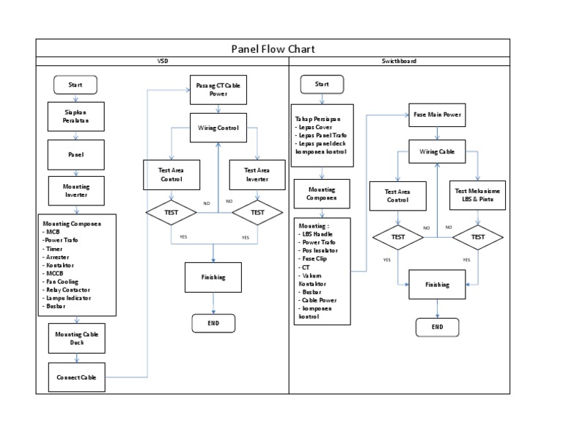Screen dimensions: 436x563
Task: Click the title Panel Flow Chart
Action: [273, 49]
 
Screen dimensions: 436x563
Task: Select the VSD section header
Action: [163, 62]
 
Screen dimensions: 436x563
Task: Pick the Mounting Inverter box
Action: [76, 191]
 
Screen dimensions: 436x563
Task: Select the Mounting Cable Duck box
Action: [76, 338]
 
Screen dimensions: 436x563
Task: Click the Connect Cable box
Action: [76, 378]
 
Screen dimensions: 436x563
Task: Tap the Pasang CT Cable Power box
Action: [217, 90]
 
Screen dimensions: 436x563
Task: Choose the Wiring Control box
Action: [218, 128]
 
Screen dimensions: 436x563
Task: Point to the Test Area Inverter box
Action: [257, 174]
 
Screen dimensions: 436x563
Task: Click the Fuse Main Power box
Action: [437, 115]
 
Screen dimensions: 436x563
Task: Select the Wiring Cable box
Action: [437, 152]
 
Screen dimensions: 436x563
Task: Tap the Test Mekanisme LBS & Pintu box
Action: [478, 195]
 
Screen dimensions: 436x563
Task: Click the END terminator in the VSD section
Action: [213, 323]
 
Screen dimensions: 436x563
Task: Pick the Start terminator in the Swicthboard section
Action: [322, 84]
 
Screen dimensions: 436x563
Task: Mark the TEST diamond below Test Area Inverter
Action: [257, 213]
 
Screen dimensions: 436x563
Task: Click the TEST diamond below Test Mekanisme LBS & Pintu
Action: [478, 237]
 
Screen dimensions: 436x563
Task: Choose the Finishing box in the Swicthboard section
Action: [437, 284]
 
